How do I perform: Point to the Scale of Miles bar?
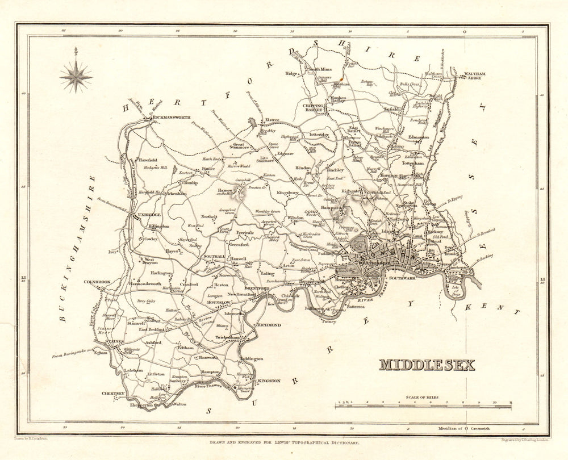(423, 404)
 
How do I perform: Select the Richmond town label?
(269, 325)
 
